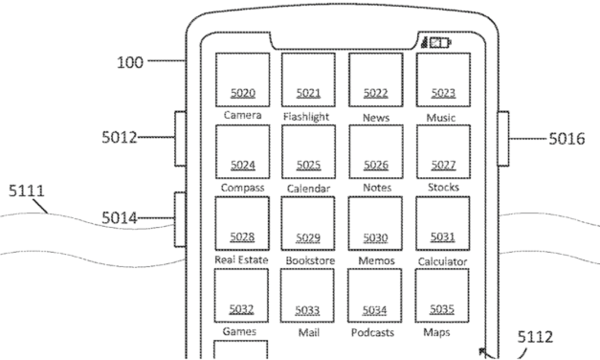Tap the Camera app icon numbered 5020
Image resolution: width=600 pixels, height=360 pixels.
(x=242, y=79)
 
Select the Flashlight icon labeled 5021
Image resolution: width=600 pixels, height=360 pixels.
(x=308, y=79)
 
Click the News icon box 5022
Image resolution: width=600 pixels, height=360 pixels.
(x=375, y=79)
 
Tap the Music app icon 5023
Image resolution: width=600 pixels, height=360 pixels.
(x=442, y=79)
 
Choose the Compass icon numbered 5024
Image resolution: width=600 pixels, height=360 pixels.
(x=242, y=151)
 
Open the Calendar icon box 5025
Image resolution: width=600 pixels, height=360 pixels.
(x=308, y=151)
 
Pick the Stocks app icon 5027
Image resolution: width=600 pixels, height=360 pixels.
(x=442, y=151)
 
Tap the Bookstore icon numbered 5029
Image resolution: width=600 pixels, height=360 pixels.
(x=308, y=224)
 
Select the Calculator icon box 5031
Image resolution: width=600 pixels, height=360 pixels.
(x=442, y=224)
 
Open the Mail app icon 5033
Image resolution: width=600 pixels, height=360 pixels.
(x=308, y=296)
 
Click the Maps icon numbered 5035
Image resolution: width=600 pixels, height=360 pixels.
(x=442, y=296)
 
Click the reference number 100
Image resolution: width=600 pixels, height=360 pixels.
(x=129, y=63)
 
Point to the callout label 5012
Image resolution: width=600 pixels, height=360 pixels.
(x=119, y=138)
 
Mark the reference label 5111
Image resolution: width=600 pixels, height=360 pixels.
(x=26, y=191)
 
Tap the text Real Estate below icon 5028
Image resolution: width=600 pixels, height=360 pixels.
(x=241, y=259)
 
